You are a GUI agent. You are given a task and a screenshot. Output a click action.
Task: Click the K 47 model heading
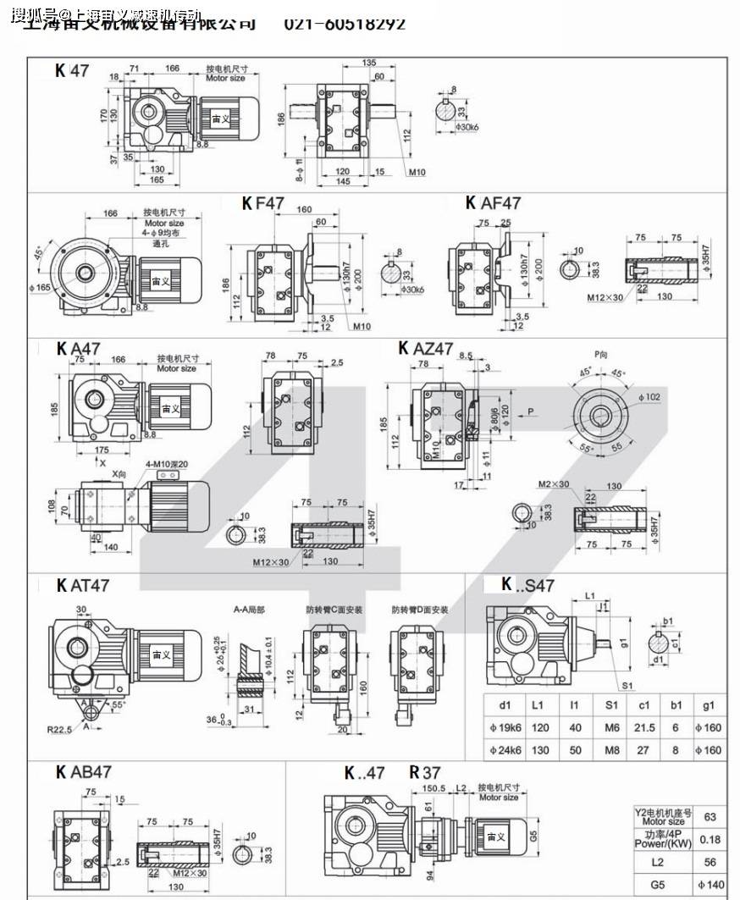pyautogui.click(x=72, y=71)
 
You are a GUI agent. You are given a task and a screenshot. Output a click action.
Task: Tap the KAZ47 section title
pyautogui.click(x=426, y=348)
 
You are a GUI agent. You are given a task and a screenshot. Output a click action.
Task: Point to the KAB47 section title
pyautogui.click(x=84, y=772)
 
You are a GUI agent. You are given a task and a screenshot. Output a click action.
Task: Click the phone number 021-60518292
pyautogui.click(x=345, y=24)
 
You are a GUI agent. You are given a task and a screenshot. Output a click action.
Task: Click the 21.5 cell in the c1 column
pyautogui.click(x=644, y=727)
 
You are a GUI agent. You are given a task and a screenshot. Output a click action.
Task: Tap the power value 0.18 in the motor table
pyautogui.click(x=710, y=839)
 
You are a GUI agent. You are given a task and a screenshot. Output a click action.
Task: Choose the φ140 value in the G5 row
pyautogui.click(x=710, y=886)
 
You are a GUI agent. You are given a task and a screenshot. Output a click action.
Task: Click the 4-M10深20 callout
pyautogui.click(x=168, y=464)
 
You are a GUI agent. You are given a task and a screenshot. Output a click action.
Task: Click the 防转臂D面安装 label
pyautogui.click(x=419, y=610)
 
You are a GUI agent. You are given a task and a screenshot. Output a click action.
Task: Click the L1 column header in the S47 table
pyautogui.click(x=539, y=704)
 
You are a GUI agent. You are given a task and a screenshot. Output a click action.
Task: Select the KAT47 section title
pyautogui.click(x=83, y=585)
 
